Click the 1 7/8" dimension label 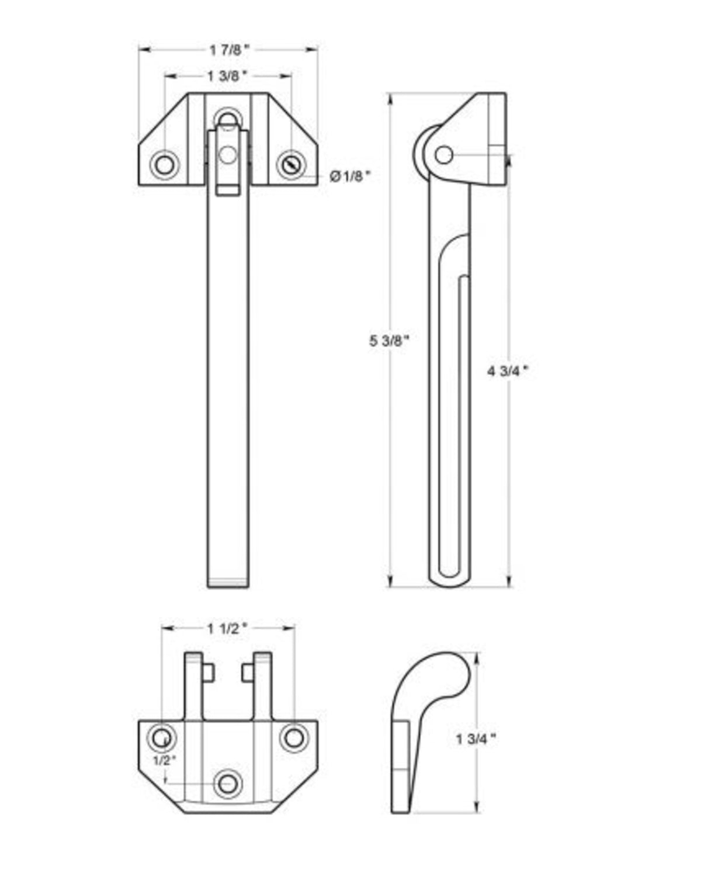pos(229,50)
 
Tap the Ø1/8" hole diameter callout pos(350,176)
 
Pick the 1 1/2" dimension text pos(227,628)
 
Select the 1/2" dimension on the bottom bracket pos(164,760)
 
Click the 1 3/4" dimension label pos(476,739)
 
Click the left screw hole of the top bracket pos(164,165)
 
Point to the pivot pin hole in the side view pos(444,155)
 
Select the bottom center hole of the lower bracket pos(228,784)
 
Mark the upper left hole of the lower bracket pos(162,737)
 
